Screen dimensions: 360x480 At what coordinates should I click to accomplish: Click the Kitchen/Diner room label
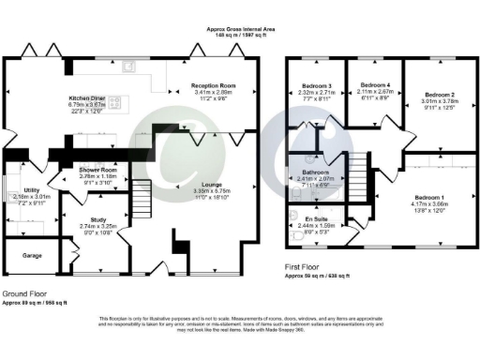85,98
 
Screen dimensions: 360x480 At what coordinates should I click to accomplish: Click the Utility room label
31,190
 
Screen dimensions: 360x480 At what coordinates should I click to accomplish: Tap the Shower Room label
97,170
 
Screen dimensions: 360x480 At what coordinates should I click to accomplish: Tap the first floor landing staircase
358,172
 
